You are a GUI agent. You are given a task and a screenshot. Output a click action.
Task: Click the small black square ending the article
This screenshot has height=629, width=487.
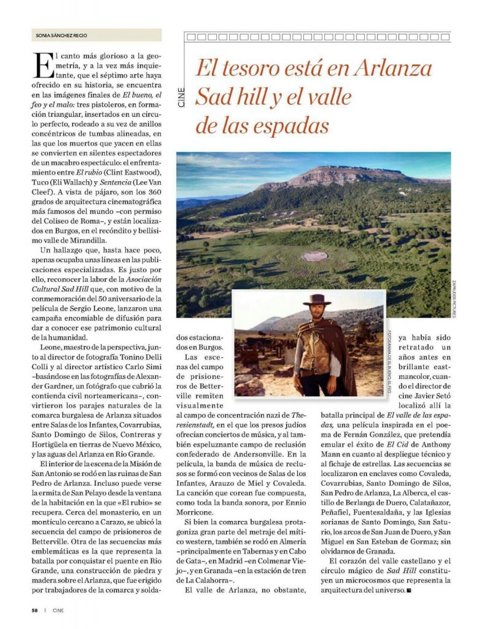pyautogui.click(x=409, y=591)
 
